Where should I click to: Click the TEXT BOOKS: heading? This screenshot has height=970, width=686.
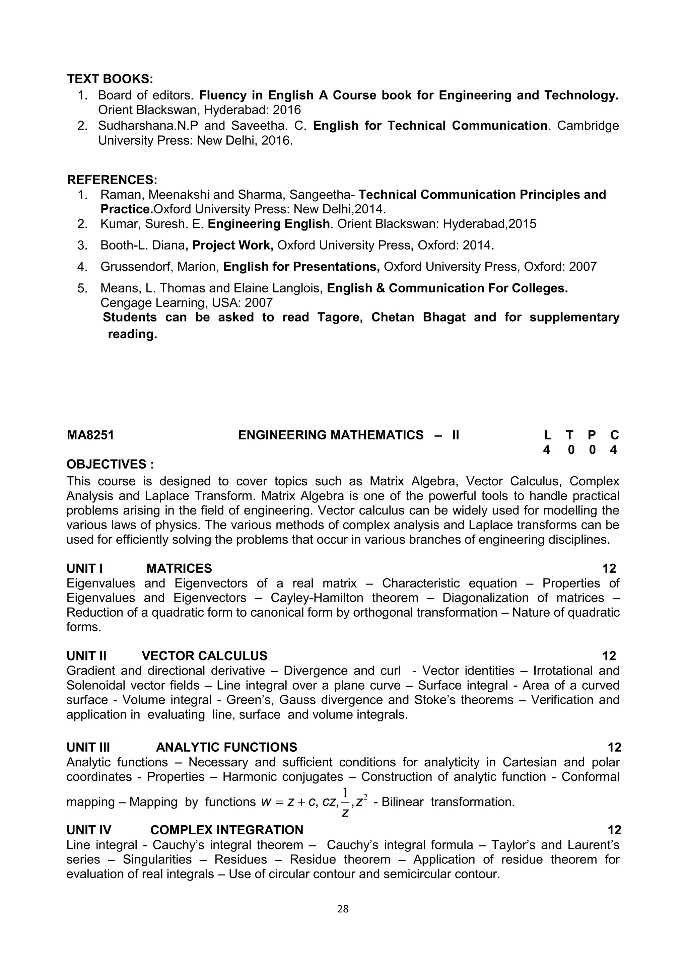[x=110, y=79]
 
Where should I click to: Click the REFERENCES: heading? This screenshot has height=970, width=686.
[x=112, y=180]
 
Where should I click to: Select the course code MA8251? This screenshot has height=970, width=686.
[x=90, y=435]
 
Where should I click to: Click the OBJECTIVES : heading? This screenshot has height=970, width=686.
[x=110, y=464]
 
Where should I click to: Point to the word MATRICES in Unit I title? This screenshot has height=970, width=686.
[x=179, y=569]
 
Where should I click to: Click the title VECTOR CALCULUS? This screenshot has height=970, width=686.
[x=204, y=656]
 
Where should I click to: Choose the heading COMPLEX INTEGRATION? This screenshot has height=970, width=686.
[x=227, y=830]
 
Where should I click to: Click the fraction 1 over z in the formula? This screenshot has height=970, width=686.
[x=345, y=802]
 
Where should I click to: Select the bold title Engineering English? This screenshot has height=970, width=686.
[x=269, y=224]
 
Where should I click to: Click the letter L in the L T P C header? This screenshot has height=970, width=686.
[x=547, y=435]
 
